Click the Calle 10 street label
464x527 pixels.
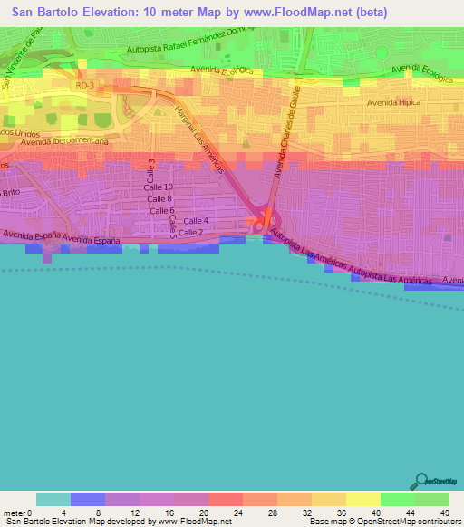tap(159, 187)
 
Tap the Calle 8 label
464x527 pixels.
tap(159, 198)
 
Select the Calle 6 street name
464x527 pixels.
tap(161, 210)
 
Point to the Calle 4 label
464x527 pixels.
tap(196, 221)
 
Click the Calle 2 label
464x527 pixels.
tap(189, 233)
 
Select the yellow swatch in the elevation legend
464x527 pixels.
tap(362, 499)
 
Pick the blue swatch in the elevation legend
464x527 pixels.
tap(88, 499)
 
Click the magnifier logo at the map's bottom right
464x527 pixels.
tap(421, 481)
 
